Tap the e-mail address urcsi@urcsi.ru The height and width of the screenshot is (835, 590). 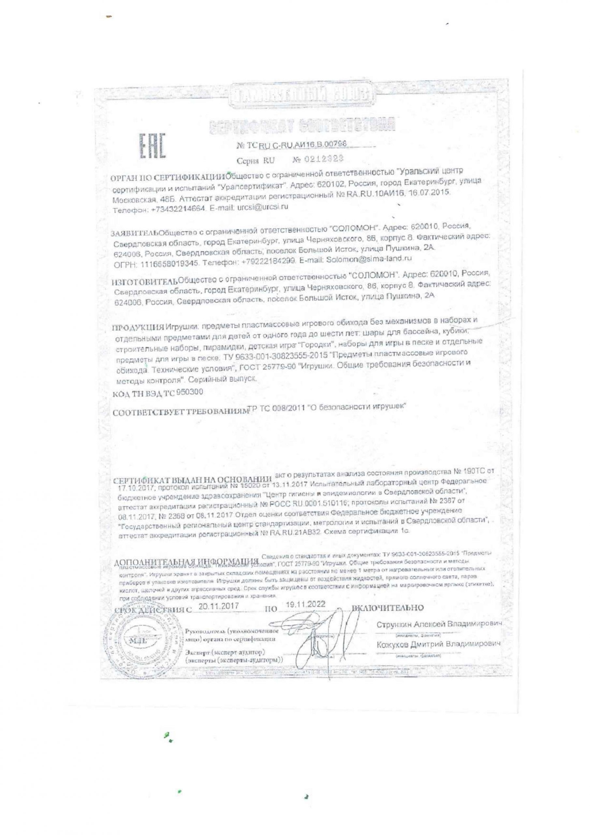click(x=262, y=207)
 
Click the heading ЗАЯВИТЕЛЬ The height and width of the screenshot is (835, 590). click(x=135, y=233)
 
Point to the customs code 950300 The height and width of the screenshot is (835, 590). click(x=189, y=392)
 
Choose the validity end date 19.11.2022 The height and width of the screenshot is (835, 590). click(x=305, y=604)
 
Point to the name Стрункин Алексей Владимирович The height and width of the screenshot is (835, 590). click(x=439, y=624)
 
